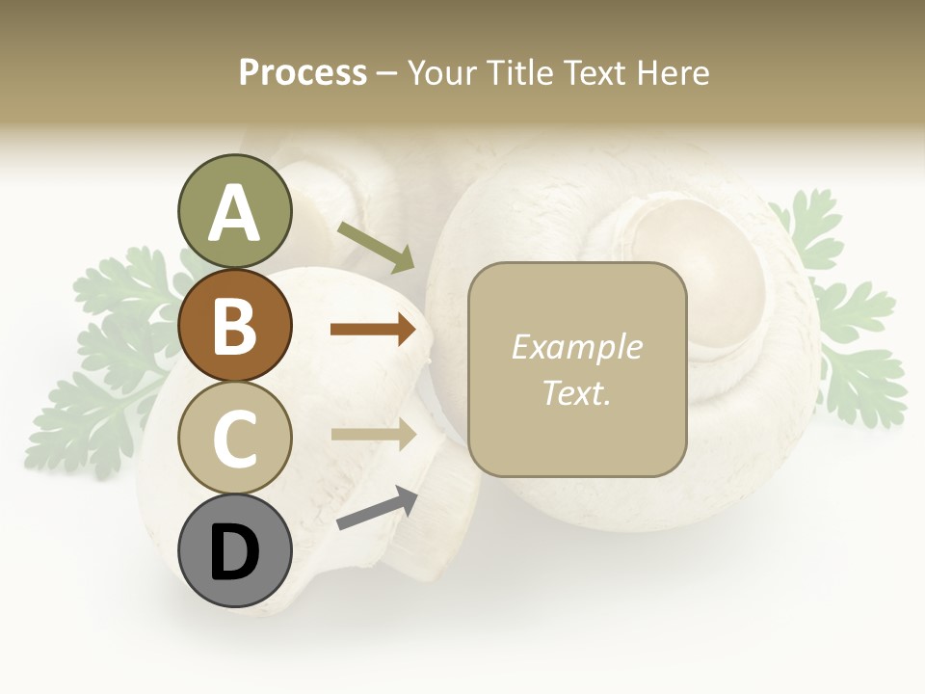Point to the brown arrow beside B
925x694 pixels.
pos(373,330)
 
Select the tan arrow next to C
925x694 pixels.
pos(373,434)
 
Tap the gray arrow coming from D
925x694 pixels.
pos(376,509)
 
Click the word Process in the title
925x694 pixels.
pos(303,73)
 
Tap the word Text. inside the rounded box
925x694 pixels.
pos(576,393)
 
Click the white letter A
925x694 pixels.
pos(234,212)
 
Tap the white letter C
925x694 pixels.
pos(234,438)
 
